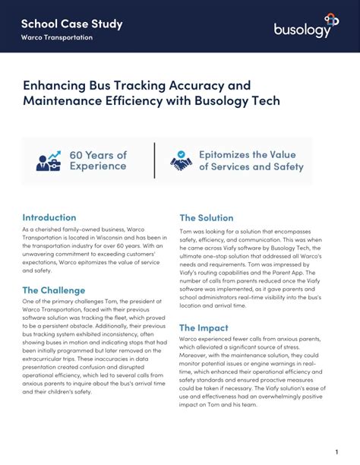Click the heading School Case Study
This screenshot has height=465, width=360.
click(x=72, y=24)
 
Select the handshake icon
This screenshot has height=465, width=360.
click(x=182, y=161)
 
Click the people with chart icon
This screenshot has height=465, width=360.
click(x=51, y=161)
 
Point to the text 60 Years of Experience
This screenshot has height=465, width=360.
click(x=98, y=161)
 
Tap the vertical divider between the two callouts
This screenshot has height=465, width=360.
click(x=154, y=160)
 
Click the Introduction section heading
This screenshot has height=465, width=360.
click(x=49, y=217)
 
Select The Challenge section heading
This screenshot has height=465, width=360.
click(x=54, y=290)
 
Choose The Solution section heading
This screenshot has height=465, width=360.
click(x=206, y=218)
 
